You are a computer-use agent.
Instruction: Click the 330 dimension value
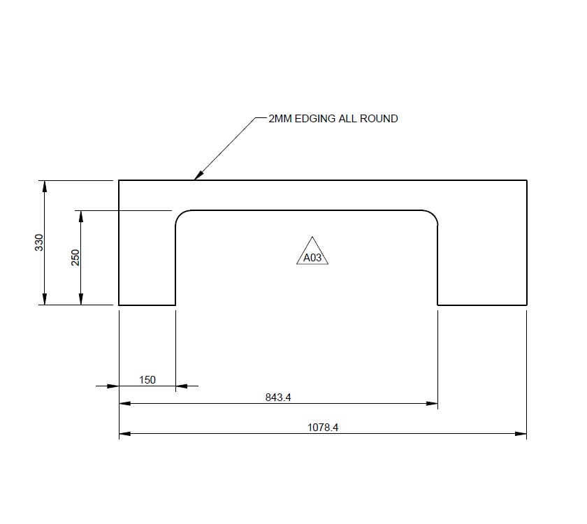(x=40, y=242)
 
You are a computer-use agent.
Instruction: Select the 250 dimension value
(x=76, y=257)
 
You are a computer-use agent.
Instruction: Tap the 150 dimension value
(x=147, y=380)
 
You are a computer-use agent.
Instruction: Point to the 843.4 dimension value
(x=278, y=398)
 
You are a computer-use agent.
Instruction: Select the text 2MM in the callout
(x=281, y=119)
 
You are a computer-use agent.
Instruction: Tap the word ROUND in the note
(x=380, y=119)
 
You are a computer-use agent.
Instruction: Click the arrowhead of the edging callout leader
(x=197, y=176)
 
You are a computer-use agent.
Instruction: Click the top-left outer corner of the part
(x=119, y=181)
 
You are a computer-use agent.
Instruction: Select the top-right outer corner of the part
(x=526, y=181)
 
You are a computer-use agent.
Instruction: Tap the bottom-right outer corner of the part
(x=526, y=305)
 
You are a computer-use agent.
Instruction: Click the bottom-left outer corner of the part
(x=119, y=305)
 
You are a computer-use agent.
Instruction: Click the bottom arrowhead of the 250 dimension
(x=81, y=300)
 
